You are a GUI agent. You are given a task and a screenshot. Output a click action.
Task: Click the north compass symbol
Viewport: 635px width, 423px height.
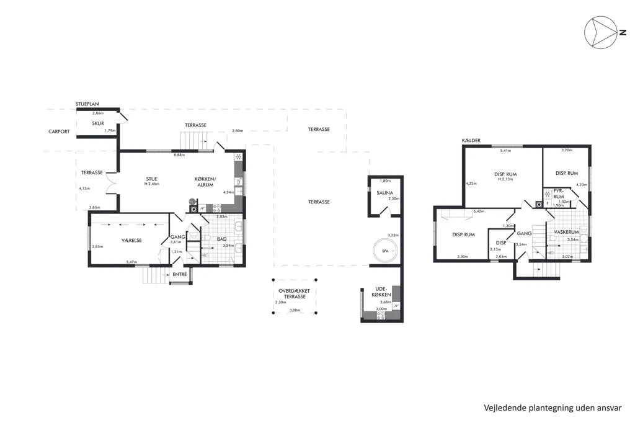click(x=602, y=32)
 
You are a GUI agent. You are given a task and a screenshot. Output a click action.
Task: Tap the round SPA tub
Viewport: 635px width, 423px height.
click(x=385, y=251)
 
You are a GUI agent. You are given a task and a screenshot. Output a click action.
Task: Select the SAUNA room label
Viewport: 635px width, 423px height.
click(x=384, y=193)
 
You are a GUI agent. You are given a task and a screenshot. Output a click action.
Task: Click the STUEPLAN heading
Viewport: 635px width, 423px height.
click(x=87, y=104)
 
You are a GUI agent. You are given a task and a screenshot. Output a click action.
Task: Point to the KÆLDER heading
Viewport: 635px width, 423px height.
click(x=471, y=141)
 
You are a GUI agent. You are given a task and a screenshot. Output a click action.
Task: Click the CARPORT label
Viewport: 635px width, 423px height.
click(x=59, y=131)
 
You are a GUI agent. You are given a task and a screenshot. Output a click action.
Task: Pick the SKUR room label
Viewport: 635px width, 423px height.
click(x=98, y=123)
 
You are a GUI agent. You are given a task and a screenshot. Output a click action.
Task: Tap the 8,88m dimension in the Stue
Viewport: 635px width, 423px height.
click(x=179, y=155)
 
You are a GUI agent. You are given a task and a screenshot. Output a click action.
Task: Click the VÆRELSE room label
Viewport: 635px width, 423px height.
click(x=131, y=240)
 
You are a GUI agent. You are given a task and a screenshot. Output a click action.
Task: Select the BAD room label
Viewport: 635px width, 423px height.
click(x=222, y=239)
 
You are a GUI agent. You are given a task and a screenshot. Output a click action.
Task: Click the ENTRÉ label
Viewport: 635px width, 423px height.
click(x=180, y=274)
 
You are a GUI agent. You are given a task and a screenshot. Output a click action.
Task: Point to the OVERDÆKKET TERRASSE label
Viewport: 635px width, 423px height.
click(x=295, y=294)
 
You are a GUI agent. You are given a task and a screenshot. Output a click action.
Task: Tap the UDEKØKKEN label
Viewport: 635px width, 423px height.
click(x=381, y=292)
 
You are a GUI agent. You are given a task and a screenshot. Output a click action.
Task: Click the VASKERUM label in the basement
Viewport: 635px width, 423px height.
click(x=566, y=232)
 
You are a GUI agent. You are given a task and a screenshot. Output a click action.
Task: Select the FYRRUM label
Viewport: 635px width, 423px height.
click(x=559, y=194)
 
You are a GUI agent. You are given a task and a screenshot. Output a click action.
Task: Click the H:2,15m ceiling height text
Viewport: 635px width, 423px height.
click(x=505, y=179)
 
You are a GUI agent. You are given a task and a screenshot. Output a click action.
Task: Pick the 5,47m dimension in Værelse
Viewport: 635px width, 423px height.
click(x=131, y=262)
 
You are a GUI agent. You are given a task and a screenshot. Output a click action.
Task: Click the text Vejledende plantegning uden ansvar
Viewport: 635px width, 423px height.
click(x=553, y=407)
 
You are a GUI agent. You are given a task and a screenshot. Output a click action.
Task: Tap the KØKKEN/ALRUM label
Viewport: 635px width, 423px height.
click(x=205, y=182)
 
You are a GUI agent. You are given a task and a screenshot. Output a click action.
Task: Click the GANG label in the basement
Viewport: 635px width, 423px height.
click(x=524, y=234)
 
